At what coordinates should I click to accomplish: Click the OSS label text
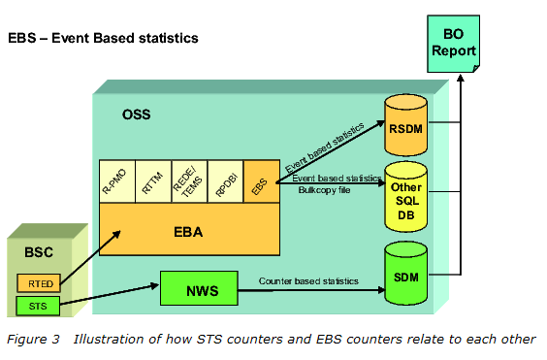[x=137, y=115]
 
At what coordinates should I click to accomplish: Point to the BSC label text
[x=40, y=252]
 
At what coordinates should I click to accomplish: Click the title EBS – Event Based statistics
[x=103, y=39]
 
